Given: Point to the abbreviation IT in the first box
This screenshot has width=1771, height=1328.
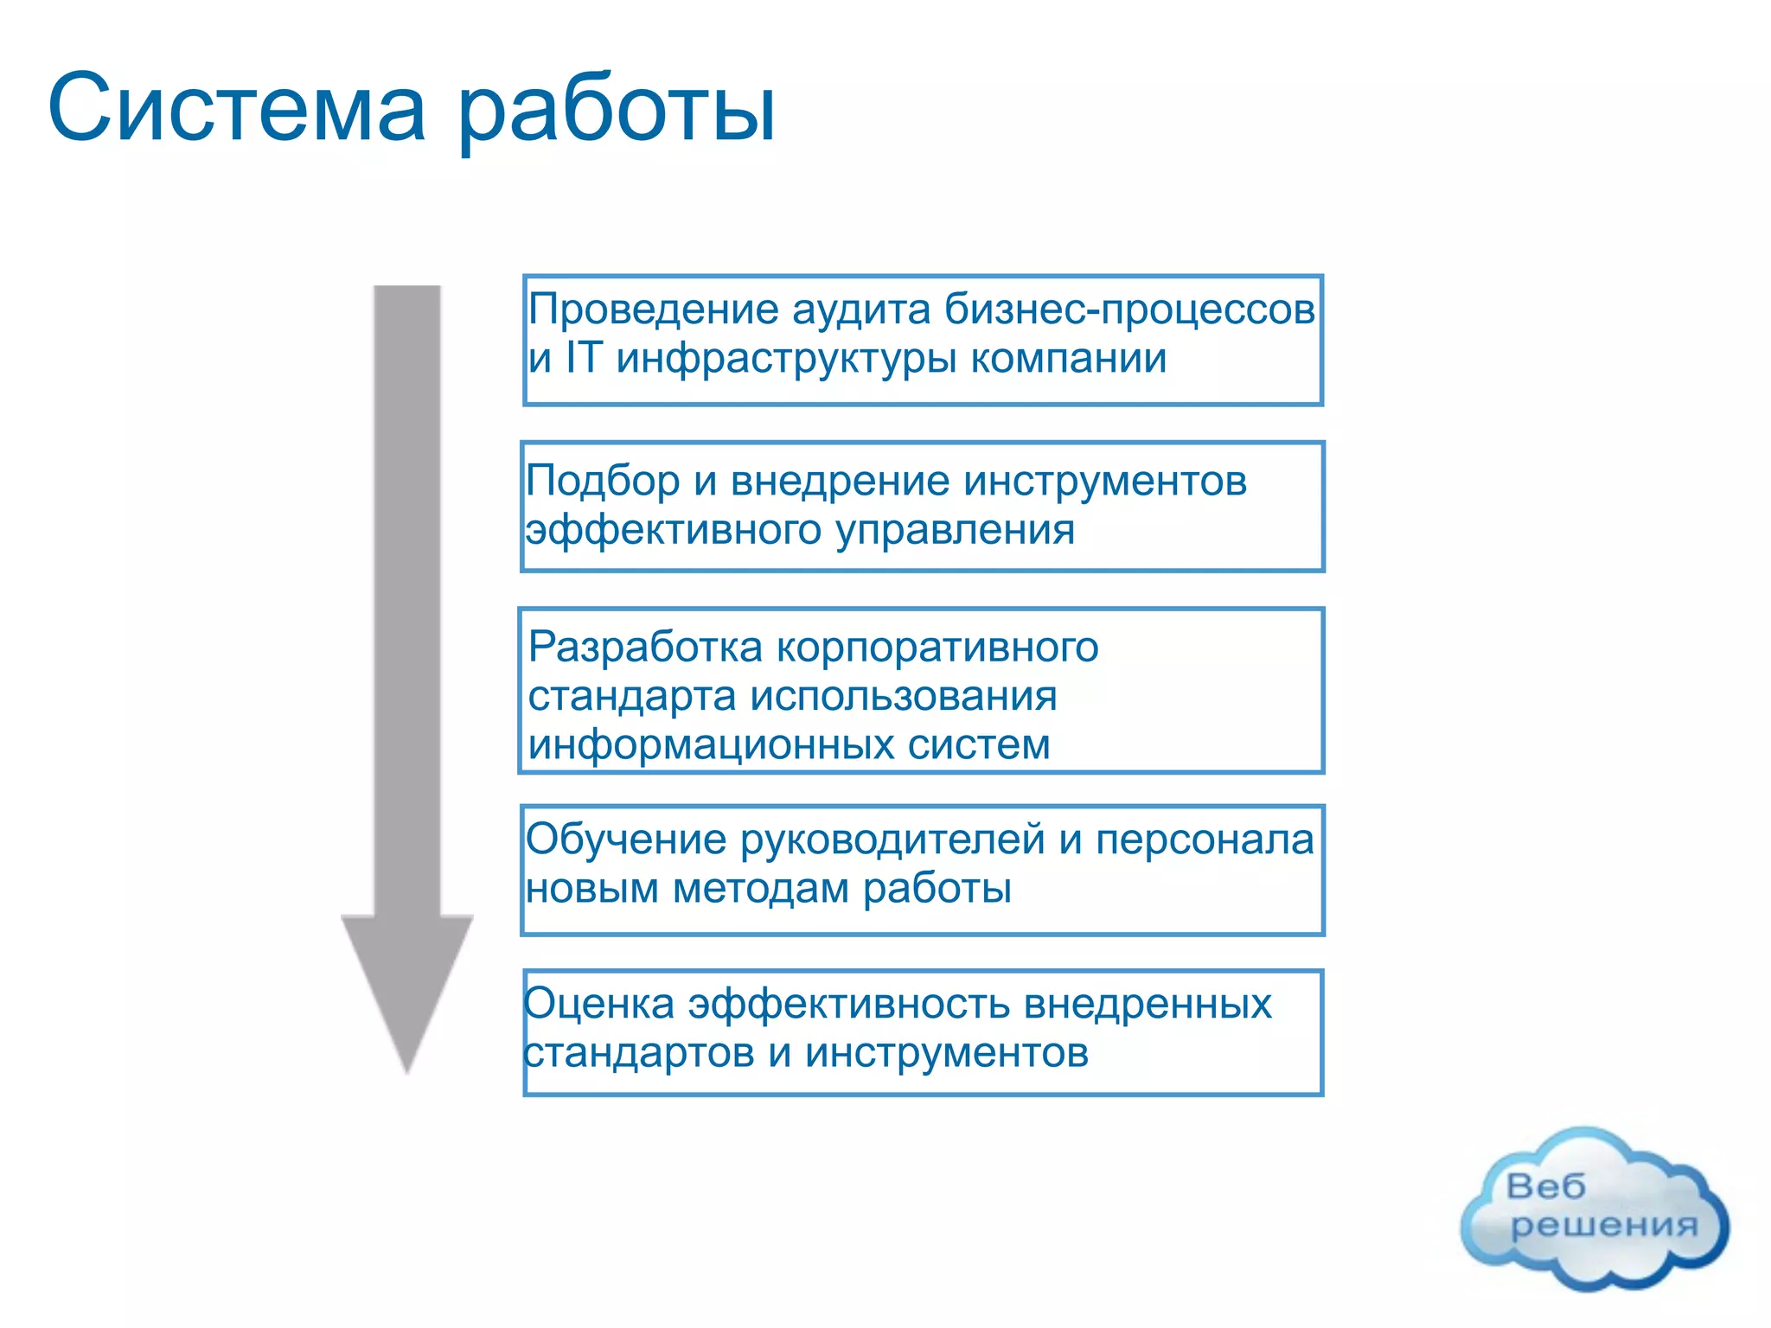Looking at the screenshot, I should (583, 358).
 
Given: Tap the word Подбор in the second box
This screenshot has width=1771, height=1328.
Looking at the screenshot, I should (603, 481).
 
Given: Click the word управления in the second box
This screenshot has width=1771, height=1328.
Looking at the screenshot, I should (955, 530).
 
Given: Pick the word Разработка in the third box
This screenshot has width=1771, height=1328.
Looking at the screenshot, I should (645, 647).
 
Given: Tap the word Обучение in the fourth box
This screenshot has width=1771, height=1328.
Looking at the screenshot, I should (626, 840).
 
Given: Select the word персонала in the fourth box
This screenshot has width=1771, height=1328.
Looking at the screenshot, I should (1205, 840).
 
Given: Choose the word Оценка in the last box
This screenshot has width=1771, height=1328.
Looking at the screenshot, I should (598, 1004).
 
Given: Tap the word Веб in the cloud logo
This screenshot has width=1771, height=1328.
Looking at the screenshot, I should (1546, 1186).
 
